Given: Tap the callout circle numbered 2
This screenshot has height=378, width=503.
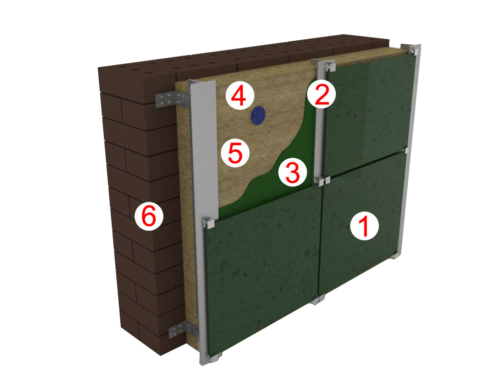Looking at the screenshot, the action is click(x=321, y=94).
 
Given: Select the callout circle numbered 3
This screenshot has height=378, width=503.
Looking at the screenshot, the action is click(x=293, y=172).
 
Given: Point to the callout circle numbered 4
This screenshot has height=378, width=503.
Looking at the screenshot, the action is click(x=240, y=95).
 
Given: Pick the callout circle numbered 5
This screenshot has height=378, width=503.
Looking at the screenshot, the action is click(x=236, y=153).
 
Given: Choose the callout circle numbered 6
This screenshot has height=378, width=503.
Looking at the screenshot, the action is click(x=149, y=217).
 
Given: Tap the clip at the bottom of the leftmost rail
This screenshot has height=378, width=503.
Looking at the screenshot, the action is click(x=215, y=357).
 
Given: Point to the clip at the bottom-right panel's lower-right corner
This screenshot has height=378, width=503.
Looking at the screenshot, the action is click(x=395, y=256).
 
